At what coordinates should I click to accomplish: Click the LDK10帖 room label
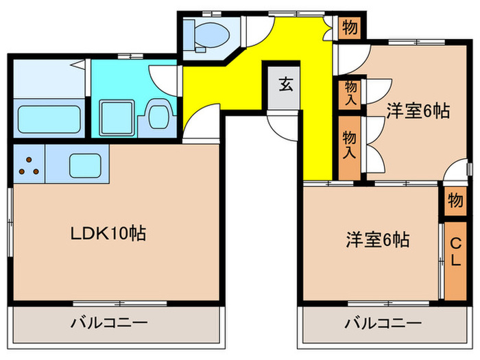tap(108, 233)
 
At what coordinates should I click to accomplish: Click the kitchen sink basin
tap(85, 165)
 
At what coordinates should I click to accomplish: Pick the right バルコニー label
tap(382, 322)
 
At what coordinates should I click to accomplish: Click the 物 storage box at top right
tap(349, 28)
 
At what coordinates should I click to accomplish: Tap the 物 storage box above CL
tap(455, 201)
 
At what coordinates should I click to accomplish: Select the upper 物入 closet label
tap(350, 93)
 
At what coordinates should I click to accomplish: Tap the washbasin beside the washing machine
tap(159, 115)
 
